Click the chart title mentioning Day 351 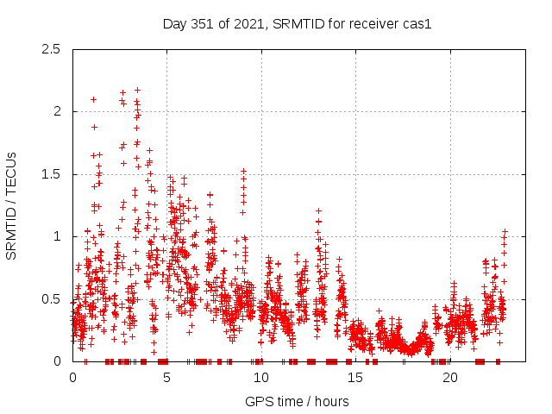tap(297, 24)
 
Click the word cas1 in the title tap(416, 24)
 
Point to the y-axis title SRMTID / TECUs tap(12, 205)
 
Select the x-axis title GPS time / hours tap(297, 401)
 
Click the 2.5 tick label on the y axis tap(54, 49)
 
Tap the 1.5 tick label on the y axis tap(54, 174)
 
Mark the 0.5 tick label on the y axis tap(54, 299)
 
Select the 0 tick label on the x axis tap(72, 378)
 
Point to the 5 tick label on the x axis tap(167, 378)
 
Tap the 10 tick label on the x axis tap(261, 378)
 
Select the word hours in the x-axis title tap(332, 401)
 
